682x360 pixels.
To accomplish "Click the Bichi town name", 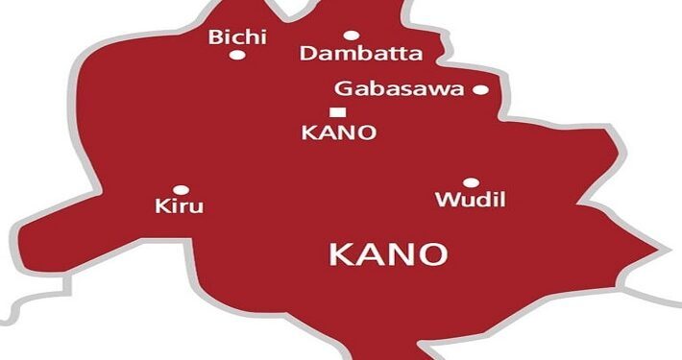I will [x=237, y=38].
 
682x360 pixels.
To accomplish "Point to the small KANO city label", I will [x=337, y=132].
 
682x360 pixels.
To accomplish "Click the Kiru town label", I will [x=180, y=205].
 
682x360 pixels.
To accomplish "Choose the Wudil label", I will [x=471, y=201].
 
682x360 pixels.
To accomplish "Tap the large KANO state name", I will [x=388, y=254].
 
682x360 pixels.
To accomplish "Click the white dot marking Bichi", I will [x=236, y=55].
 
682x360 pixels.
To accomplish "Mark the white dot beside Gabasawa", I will [x=480, y=90].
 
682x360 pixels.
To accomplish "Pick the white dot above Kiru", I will [x=180, y=189].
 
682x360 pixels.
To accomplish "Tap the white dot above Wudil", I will [x=471, y=182].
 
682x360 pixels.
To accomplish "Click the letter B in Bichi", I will [x=216, y=38].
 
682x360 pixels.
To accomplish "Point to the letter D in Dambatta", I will [x=308, y=54].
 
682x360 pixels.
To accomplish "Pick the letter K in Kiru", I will [x=160, y=205].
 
